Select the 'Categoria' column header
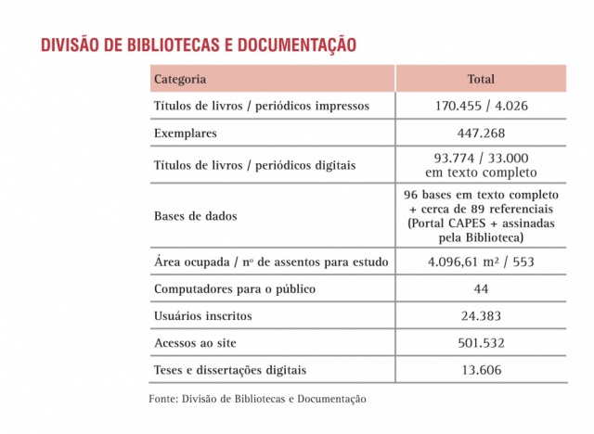click(180, 79)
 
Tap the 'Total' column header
click(481, 79)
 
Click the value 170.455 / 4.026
click(481, 106)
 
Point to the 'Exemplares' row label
click(186, 133)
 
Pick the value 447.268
click(481, 133)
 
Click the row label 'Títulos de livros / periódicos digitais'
click(254, 165)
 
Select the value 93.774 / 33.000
click(481, 159)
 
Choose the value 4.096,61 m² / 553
click(481, 262)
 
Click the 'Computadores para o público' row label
click(234, 289)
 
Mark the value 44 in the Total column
click(481, 289)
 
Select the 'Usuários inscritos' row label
click(202, 316)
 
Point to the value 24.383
click(481, 316)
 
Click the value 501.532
click(481, 343)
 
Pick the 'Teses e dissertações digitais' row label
click(229, 370)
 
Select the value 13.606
click(481, 370)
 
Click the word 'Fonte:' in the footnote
click(163, 399)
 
